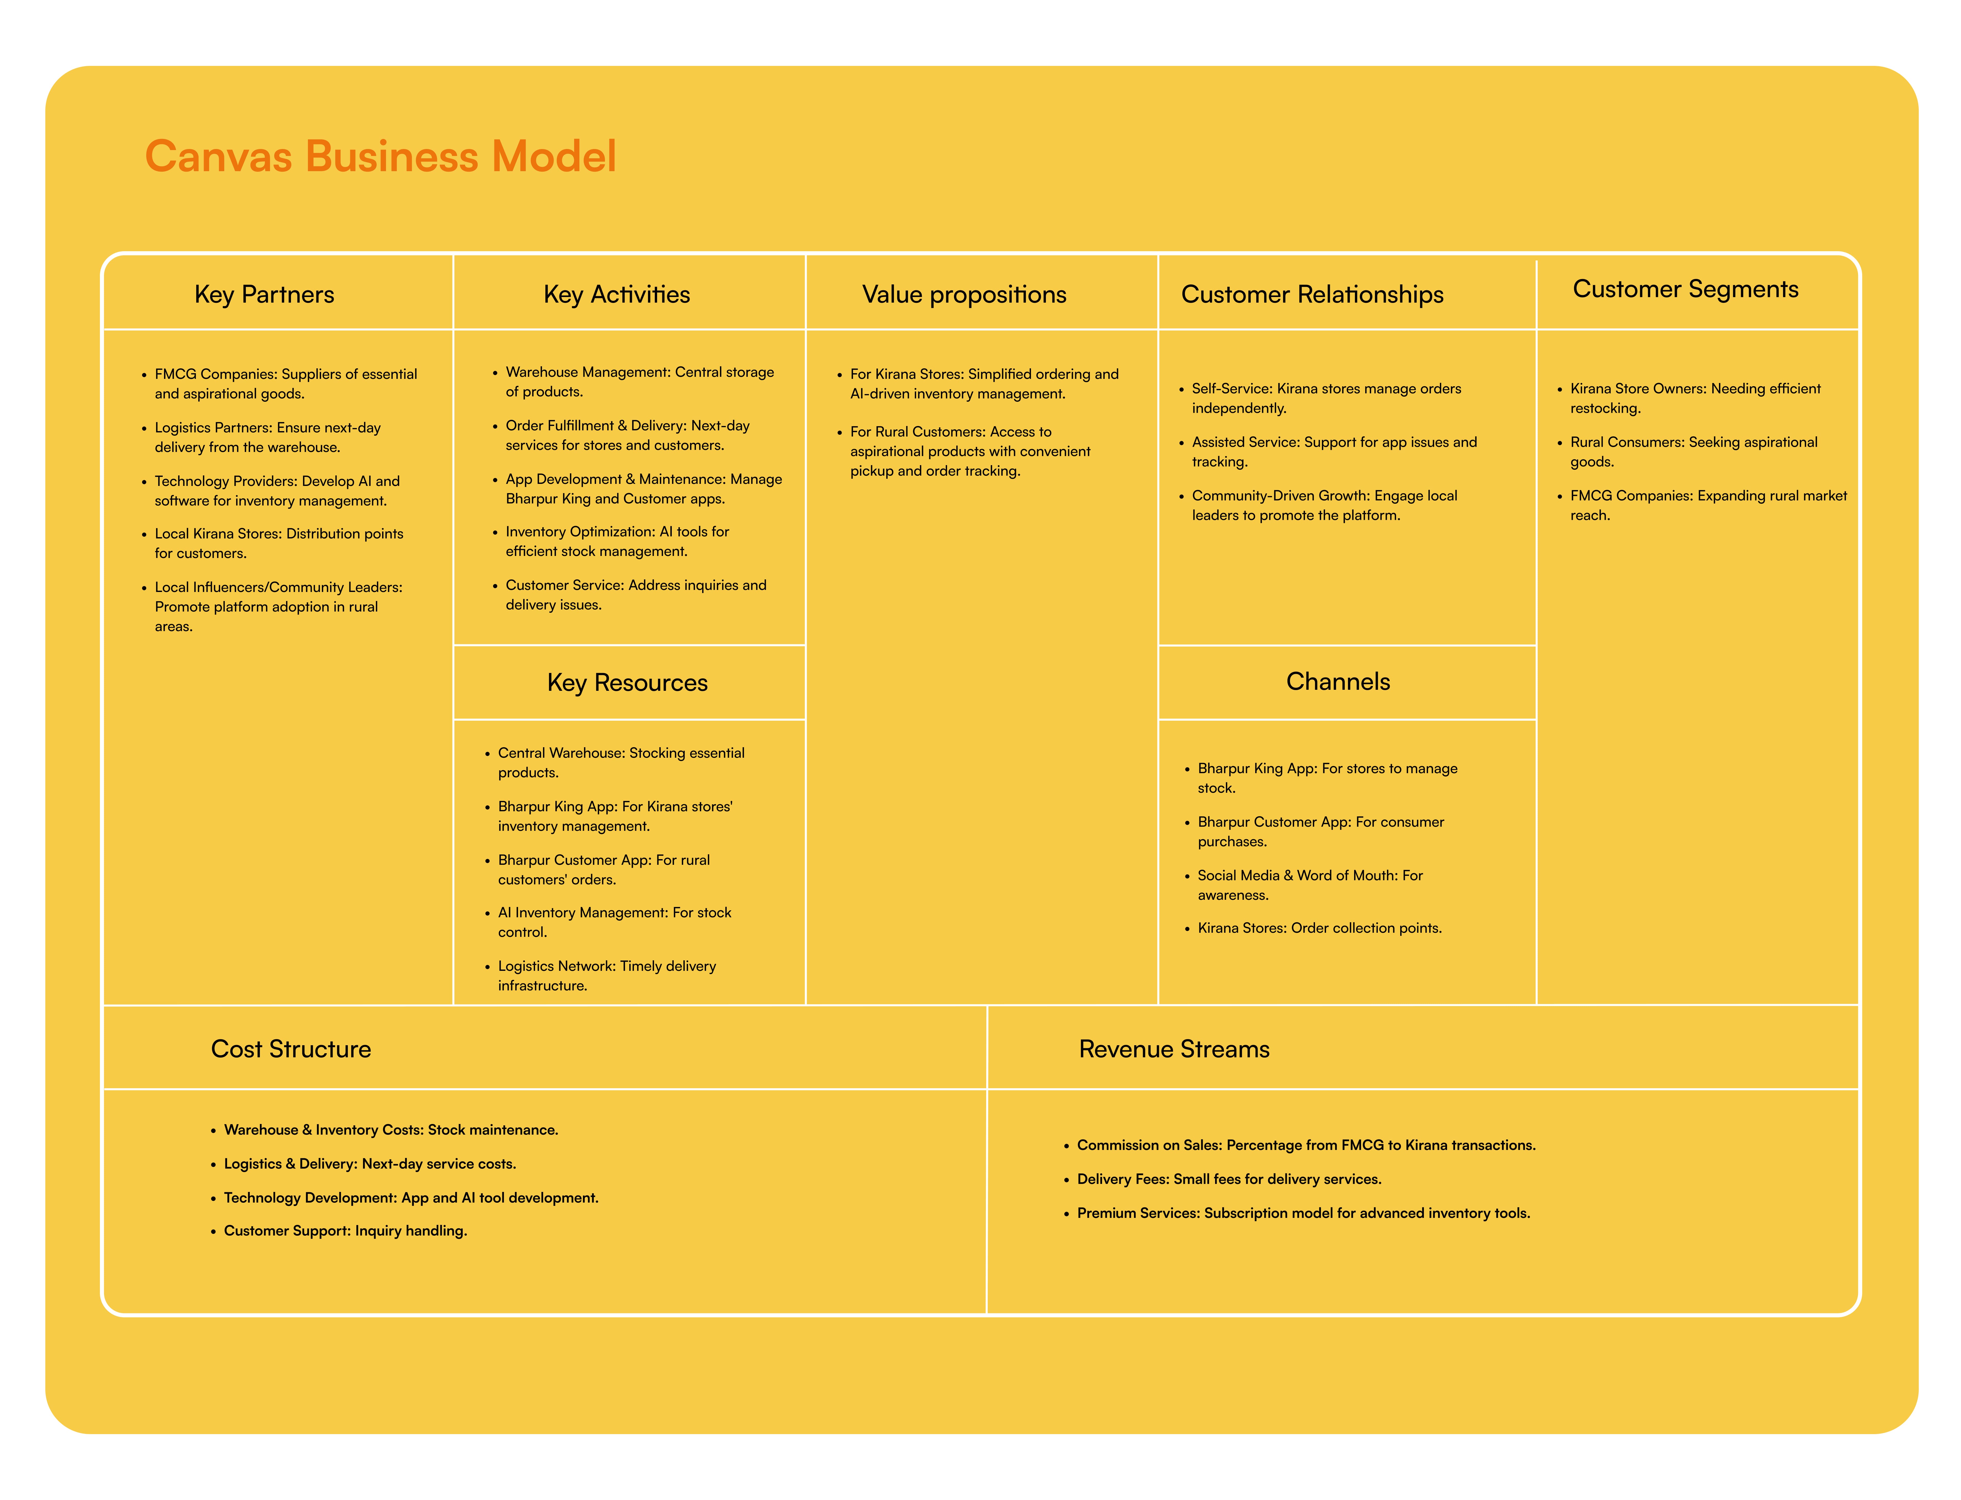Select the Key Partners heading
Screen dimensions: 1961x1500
(264, 295)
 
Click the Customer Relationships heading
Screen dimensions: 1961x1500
(1312, 295)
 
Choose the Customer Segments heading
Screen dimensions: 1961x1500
(1685, 289)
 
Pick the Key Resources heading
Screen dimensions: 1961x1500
(627, 683)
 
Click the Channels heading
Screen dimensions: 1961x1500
(1338, 682)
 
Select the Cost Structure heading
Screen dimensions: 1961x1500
(291, 1049)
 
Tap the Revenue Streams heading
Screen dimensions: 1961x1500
(1173, 1049)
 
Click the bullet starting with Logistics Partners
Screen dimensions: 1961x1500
(268, 438)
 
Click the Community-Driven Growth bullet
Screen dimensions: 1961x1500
(1324, 505)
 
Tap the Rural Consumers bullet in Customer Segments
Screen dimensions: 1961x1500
(1693, 452)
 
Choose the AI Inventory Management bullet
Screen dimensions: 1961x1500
(614, 922)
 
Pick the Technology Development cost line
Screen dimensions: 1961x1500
(411, 1198)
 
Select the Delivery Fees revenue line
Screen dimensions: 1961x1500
(1229, 1180)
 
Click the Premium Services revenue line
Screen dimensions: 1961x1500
(1303, 1213)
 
